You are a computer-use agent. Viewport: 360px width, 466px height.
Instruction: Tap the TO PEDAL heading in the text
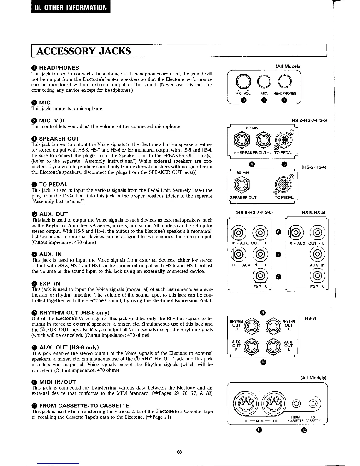pos(53,184)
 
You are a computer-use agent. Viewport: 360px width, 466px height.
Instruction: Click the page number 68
pos(180,452)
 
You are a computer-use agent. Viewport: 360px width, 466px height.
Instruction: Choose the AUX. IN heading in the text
pos(50,254)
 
